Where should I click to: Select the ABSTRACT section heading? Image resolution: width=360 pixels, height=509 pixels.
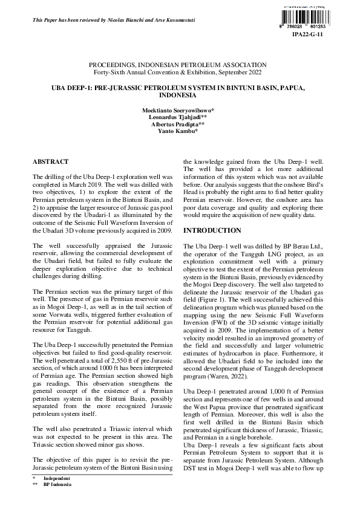(50, 163)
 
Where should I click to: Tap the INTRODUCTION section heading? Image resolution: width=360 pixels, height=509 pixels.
(212, 231)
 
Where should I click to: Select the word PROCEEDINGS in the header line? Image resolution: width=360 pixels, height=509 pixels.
(112, 64)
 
